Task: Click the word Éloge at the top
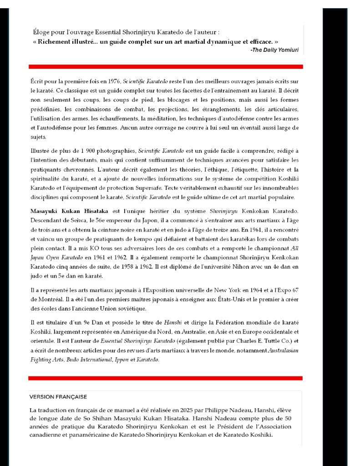[x=41, y=32]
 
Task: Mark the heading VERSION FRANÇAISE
[x=58, y=397]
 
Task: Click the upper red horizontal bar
[x=166, y=66]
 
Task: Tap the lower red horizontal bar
[x=166, y=378]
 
